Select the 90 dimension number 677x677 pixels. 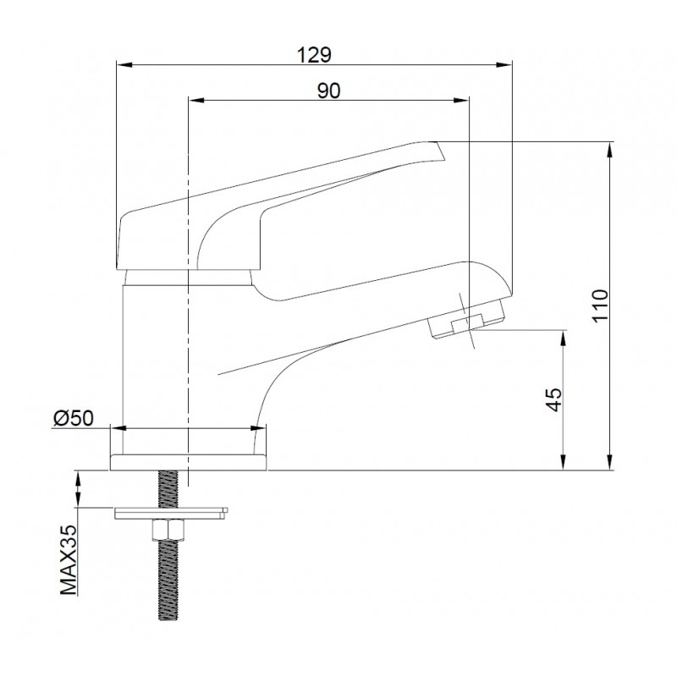329,91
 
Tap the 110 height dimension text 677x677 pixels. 600,305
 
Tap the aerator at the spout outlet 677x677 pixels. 468,322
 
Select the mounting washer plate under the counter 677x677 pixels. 170,510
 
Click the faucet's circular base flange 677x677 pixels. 190,460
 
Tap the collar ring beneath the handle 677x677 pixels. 188,278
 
